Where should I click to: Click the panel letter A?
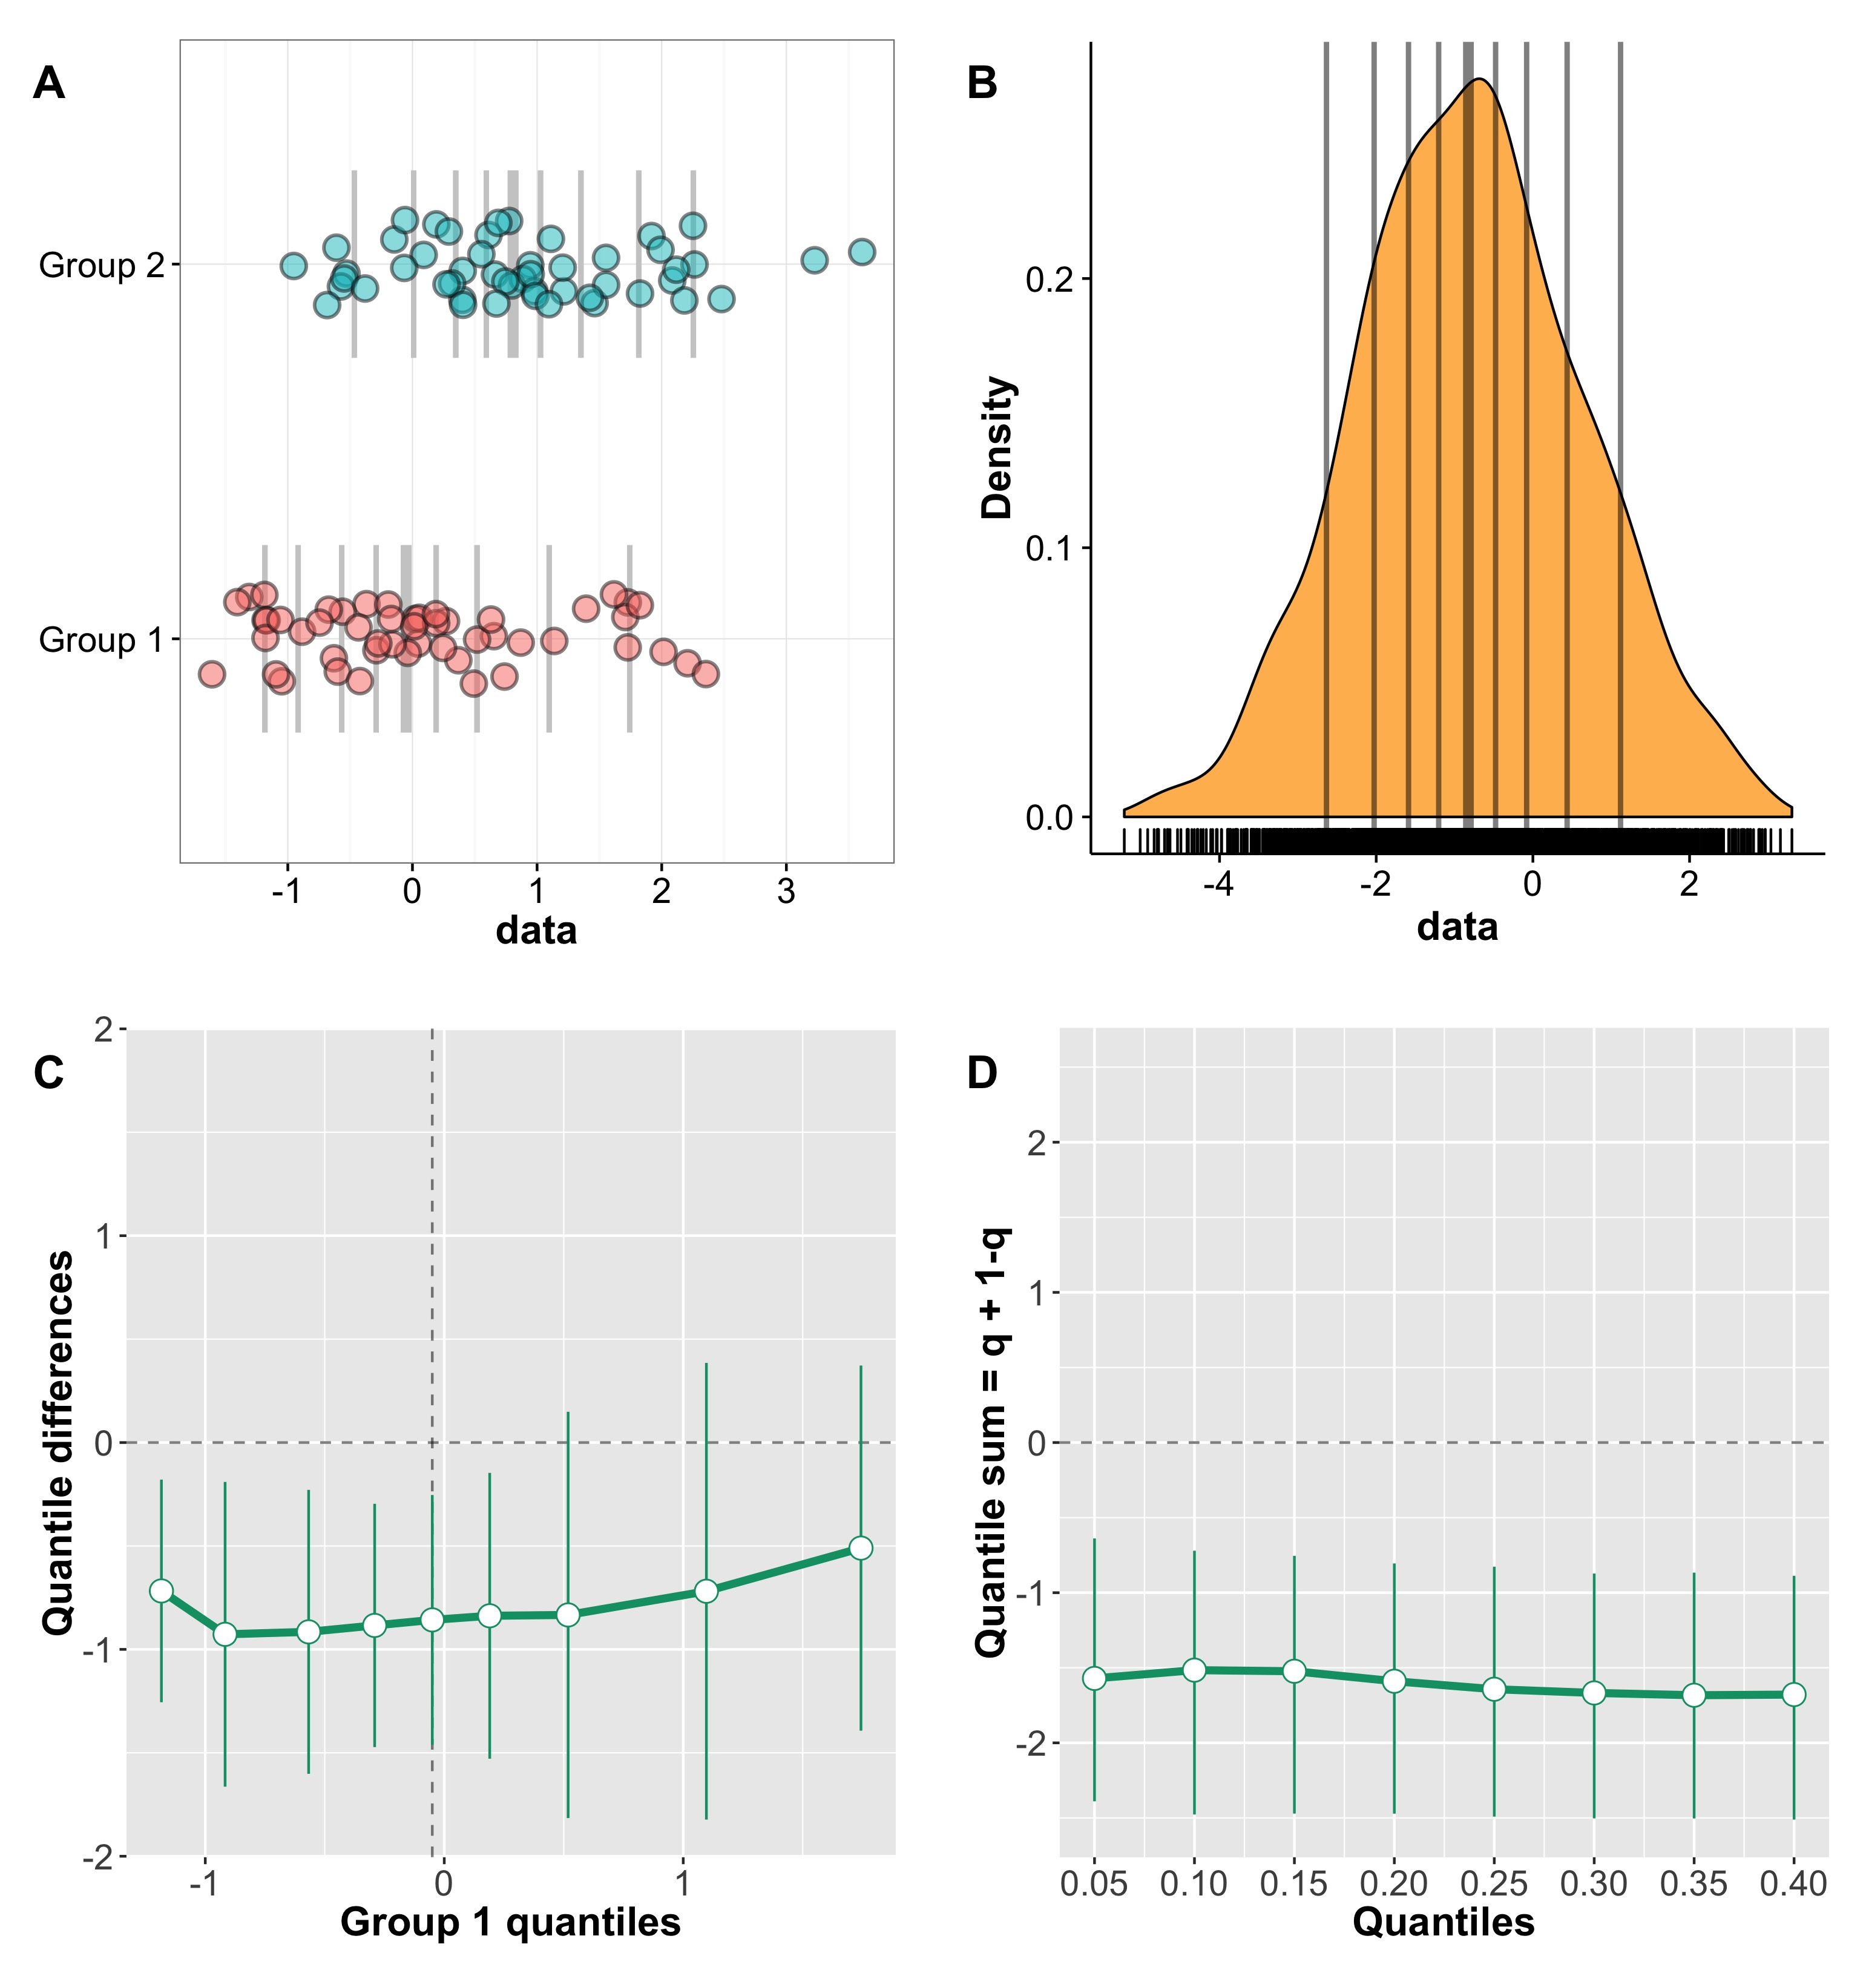(49, 84)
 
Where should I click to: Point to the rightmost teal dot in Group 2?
(862, 252)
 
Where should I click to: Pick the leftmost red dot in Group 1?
(211, 674)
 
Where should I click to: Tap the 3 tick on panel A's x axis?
(787, 891)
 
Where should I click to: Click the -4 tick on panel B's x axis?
(1219, 883)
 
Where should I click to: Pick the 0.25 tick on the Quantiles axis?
(1494, 1883)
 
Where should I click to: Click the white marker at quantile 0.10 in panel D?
(1194, 1669)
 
